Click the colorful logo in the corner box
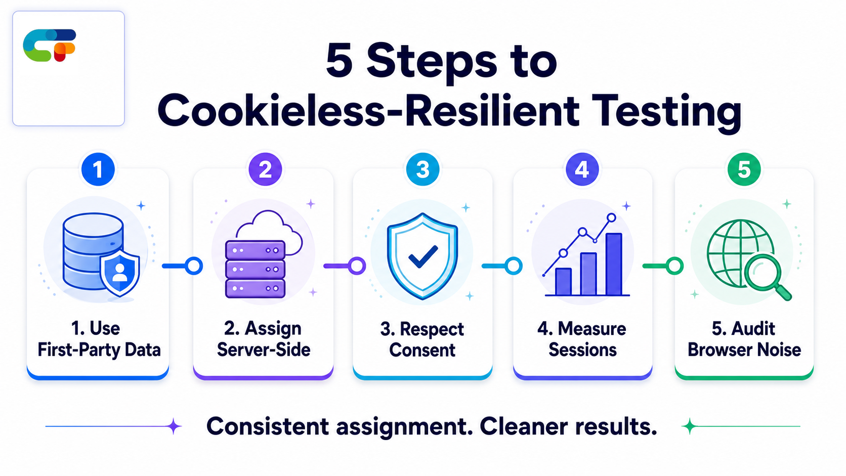click(x=50, y=46)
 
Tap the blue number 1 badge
click(x=98, y=169)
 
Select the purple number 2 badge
click(x=265, y=169)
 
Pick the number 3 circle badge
click(x=422, y=169)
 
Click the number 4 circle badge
click(x=582, y=169)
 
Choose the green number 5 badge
click(x=744, y=169)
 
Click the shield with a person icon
click(x=120, y=273)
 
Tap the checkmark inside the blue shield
click(x=423, y=257)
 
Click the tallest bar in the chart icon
click(x=614, y=264)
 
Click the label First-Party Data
click(x=99, y=350)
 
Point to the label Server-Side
click(x=264, y=350)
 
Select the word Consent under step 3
click(x=422, y=350)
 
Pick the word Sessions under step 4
click(x=582, y=350)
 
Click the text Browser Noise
click(x=744, y=350)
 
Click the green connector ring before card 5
click(x=674, y=266)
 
